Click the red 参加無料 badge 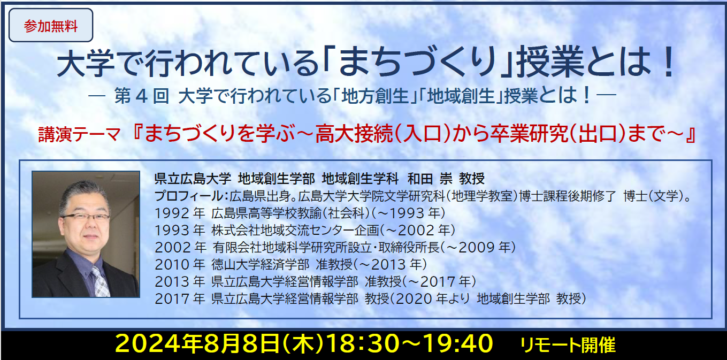pos(51,25)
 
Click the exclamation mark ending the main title pos(669,62)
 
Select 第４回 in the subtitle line pos(142,96)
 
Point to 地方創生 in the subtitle pos(375,96)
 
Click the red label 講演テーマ pos(80,134)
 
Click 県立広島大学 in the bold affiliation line pos(193,179)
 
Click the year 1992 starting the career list pos(172,213)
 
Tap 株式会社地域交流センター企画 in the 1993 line pos(295,231)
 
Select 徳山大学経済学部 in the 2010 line pos(261,265)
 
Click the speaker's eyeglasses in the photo pos(86,217)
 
